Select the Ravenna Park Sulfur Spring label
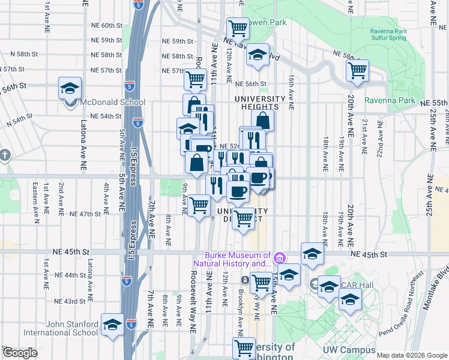tap(389, 35)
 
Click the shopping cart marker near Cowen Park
tap(238, 28)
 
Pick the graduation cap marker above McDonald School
tap(70, 88)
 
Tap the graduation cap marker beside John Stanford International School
tap(112, 325)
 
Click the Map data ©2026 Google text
tap(411, 355)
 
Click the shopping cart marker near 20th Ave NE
tap(358, 70)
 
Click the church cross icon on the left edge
tap(4, 155)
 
